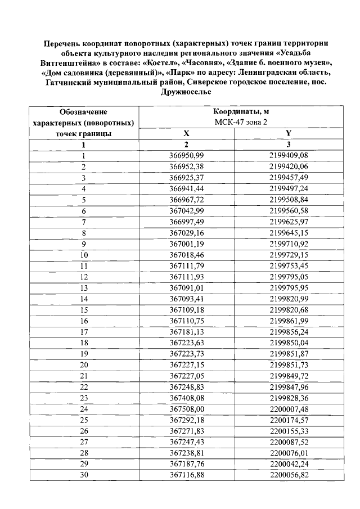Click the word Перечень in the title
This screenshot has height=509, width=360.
(66, 43)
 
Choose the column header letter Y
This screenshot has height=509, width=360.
(289, 133)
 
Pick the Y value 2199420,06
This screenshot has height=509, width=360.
(289, 166)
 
